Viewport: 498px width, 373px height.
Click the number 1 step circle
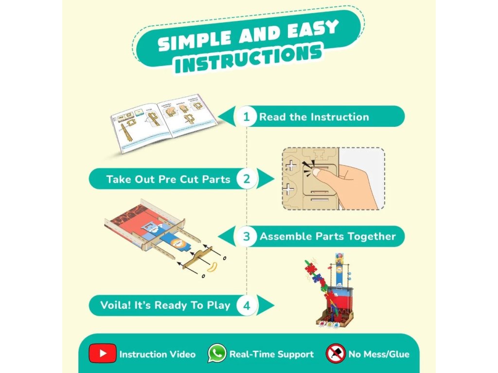[x=246, y=117]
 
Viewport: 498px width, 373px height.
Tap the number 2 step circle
[x=247, y=179]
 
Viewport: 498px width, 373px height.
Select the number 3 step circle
[x=246, y=237]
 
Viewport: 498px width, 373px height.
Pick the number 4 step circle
[x=247, y=305]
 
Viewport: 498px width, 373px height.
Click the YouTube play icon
[x=103, y=354]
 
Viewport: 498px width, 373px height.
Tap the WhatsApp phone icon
[x=217, y=354]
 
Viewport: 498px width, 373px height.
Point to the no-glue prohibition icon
[x=336, y=354]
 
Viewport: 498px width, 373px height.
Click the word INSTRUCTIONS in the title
[x=248, y=58]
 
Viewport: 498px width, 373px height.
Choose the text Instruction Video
[x=158, y=354]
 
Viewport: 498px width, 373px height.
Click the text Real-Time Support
[x=271, y=354]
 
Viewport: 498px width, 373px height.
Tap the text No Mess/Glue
[x=379, y=354]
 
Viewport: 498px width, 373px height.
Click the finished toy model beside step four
[x=328, y=290]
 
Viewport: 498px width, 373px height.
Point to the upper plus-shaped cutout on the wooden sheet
[x=291, y=166]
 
